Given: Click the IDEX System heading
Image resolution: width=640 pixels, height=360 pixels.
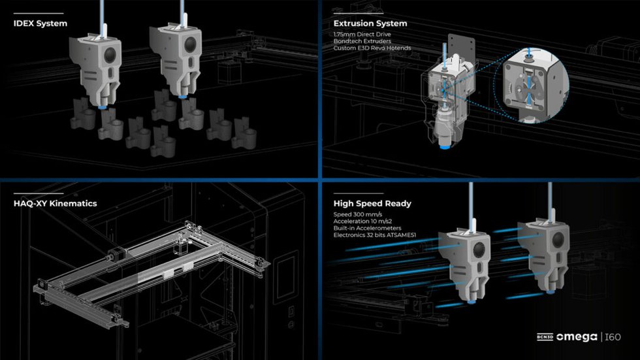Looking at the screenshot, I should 40,24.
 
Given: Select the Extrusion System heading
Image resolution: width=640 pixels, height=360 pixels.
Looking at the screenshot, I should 370,24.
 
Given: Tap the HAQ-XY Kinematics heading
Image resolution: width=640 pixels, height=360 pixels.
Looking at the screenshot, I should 55,203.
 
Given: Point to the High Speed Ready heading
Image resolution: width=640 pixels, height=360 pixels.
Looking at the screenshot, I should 372,203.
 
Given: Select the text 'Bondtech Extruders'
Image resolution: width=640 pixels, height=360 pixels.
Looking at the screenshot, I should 361,41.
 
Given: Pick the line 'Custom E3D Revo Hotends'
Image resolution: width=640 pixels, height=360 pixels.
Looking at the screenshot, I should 372,48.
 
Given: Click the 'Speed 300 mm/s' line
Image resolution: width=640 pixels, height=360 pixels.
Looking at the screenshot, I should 357,214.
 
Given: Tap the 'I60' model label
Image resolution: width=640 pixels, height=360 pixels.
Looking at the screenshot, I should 613,336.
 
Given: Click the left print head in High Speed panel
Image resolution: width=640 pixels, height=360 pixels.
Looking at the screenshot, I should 468,261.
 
